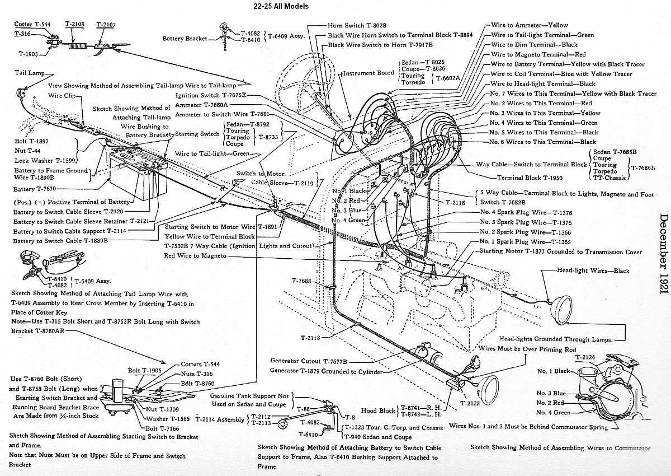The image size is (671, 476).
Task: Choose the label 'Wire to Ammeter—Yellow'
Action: coord(530,25)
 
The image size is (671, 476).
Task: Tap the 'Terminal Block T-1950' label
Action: coord(530,178)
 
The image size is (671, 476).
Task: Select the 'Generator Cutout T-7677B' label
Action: coord(309,361)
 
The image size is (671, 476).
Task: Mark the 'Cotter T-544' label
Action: coord(32,24)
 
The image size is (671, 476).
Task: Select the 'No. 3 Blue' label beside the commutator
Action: coord(551,393)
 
